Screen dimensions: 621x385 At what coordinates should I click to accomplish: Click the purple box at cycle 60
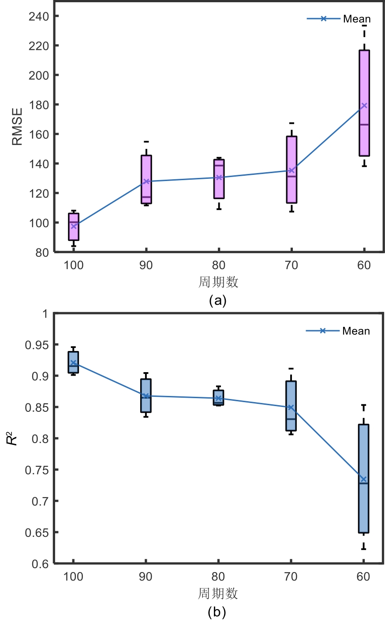point(364,103)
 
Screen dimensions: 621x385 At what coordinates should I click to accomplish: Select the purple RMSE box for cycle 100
point(74,227)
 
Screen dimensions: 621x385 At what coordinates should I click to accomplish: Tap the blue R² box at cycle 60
point(363,478)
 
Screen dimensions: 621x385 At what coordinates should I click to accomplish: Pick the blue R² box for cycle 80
point(218,397)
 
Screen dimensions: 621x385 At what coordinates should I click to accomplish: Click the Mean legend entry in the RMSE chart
point(339,19)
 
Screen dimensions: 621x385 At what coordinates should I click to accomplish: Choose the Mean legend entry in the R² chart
point(338,331)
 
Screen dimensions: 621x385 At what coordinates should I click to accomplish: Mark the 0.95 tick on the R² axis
point(36,345)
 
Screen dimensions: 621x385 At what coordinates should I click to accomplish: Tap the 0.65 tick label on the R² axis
point(36,532)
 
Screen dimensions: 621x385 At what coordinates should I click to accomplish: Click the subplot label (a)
point(217,300)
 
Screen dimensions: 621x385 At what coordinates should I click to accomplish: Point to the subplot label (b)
point(217,612)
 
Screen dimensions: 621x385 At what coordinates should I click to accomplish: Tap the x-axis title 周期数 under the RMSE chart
point(218,282)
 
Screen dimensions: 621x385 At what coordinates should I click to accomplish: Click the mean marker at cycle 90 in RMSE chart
point(146,181)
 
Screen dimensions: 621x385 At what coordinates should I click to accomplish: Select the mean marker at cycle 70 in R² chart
point(291,407)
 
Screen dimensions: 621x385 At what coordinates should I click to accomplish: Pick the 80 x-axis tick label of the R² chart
point(218,577)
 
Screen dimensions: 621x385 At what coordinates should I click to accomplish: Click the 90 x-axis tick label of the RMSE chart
point(146,265)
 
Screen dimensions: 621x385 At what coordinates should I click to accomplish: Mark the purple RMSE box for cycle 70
point(292,170)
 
